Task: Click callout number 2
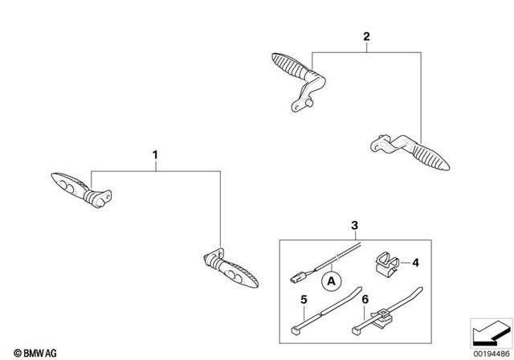coord(366,36)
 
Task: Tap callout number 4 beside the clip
coord(417,262)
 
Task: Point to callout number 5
coord(303,300)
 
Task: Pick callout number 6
coord(365,300)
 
